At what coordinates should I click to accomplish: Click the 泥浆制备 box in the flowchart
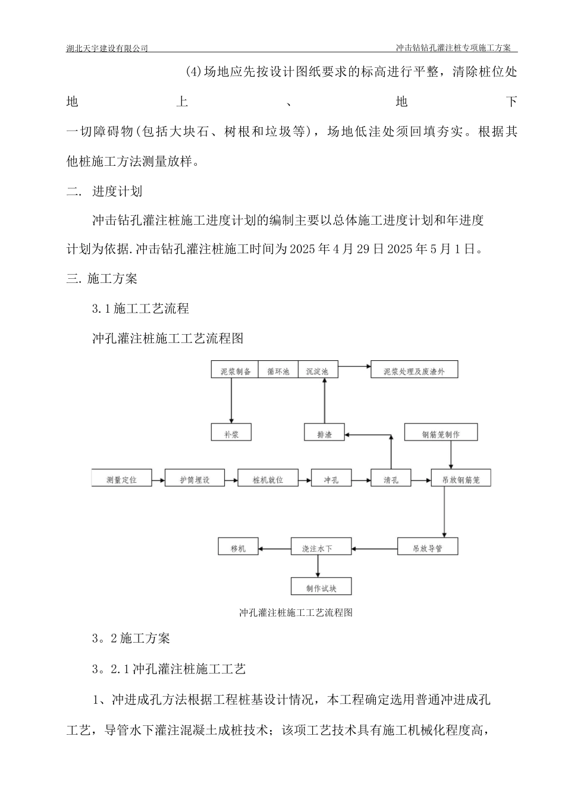pyautogui.click(x=235, y=371)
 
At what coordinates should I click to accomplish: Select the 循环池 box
pyautogui.click(x=278, y=371)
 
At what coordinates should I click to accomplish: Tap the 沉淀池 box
pyautogui.click(x=317, y=371)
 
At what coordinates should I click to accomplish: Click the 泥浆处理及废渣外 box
pyautogui.click(x=414, y=371)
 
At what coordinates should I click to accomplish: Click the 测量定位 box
pyautogui.click(x=121, y=479)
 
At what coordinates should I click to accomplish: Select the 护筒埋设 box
pyautogui.click(x=195, y=479)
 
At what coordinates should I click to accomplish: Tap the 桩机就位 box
pyautogui.click(x=268, y=479)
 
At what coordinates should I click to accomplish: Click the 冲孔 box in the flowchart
pyautogui.click(x=331, y=479)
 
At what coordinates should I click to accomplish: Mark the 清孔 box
pyautogui.click(x=391, y=479)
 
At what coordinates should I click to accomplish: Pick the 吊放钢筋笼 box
pyautogui.click(x=461, y=479)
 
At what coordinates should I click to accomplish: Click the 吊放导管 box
pyautogui.click(x=428, y=548)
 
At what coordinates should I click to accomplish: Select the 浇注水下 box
pyautogui.click(x=317, y=548)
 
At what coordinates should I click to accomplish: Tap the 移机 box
pyautogui.click(x=238, y=548)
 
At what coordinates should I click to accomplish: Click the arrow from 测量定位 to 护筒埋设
pyautogui.click(x=158, y=479)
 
